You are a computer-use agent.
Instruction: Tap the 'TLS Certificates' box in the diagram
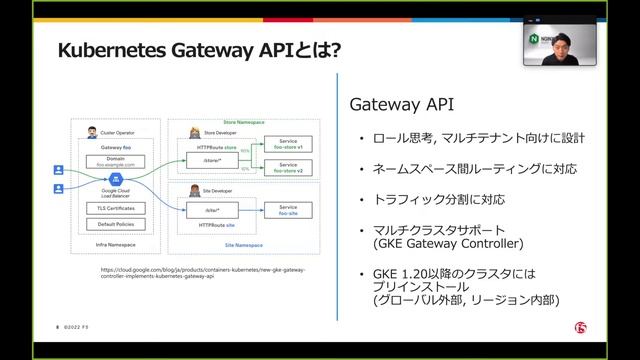[x=116, y=207]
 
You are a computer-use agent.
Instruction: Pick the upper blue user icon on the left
[x=58, y=169]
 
